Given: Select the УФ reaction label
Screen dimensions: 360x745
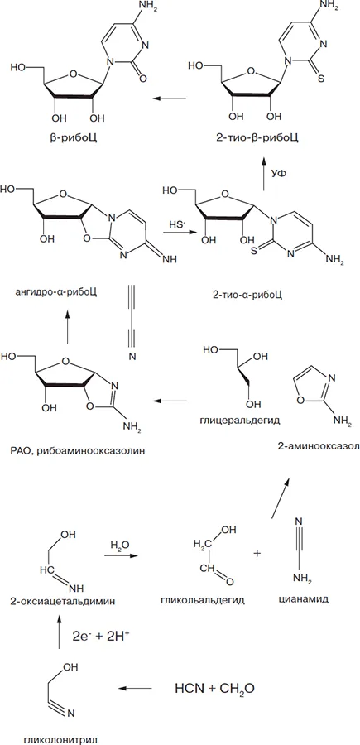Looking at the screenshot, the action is point(278,175).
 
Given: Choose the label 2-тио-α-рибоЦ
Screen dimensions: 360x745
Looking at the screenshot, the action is point(247,294).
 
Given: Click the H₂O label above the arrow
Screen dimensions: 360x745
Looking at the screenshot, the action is point(118,543).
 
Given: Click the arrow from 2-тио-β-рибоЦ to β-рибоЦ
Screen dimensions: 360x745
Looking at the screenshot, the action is point(169,99).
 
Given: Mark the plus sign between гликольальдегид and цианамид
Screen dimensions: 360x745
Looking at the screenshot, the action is point(258,554).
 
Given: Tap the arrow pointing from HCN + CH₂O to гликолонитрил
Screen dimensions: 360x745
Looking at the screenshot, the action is point(136,688).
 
